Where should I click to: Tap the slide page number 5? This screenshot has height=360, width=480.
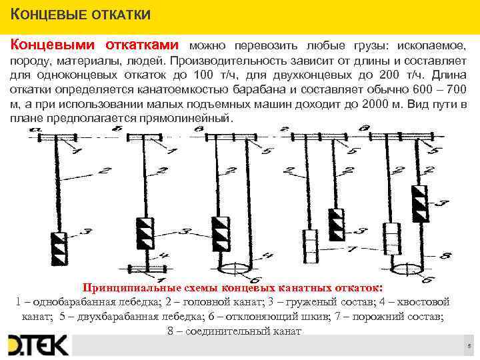(x=469, y=346)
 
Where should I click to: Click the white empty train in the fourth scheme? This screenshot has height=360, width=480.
(x=310, y=245)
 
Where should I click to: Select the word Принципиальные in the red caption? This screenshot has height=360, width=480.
(x=123, y=288)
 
